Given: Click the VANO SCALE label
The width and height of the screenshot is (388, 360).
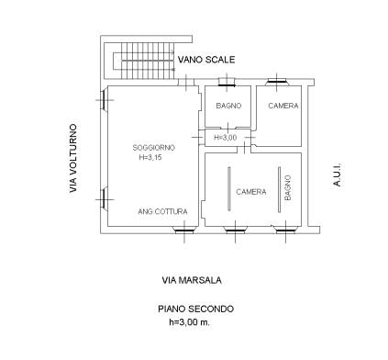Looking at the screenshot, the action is tap(206, 60).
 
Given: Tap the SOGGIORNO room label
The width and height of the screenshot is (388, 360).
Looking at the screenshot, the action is tap(154, 148).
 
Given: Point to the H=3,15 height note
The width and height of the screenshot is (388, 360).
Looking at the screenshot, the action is tap(150, 158).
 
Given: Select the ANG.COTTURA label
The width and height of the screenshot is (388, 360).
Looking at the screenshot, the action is tap(162, 211).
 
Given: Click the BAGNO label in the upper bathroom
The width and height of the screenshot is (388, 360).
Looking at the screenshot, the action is tap(228, 106).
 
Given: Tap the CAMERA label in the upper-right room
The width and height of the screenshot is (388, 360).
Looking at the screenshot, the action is tap(283, 106).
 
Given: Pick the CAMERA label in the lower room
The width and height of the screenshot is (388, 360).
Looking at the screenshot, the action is tap(251, 192).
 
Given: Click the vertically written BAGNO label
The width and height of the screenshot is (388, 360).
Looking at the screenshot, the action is tap(288, 187).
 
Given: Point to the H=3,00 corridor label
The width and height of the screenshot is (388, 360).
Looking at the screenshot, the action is tap(225, 138).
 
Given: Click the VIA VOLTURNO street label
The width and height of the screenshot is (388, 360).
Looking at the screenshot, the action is tap(73, 158).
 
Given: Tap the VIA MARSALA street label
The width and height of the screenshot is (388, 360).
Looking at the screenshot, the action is tap(192, 280).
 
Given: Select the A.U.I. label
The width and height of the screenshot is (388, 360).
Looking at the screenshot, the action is tap(337, 174).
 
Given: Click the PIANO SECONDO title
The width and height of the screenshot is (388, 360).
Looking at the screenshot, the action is tap(195, 309).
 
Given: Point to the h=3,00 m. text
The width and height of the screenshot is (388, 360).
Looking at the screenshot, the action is tap(190, 322).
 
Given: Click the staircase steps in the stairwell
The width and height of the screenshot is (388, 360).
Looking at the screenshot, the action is tap(148, 61).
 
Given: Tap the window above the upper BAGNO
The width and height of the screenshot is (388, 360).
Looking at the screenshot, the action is tap(227, 82).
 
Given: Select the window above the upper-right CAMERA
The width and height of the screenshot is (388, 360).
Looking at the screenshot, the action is tap(277, 82).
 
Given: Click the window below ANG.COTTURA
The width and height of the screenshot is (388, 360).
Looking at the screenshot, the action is tap(184, 231).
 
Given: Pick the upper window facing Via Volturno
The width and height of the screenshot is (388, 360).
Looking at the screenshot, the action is tap(104, 100).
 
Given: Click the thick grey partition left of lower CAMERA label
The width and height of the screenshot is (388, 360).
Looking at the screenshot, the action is tap(229, 189).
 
